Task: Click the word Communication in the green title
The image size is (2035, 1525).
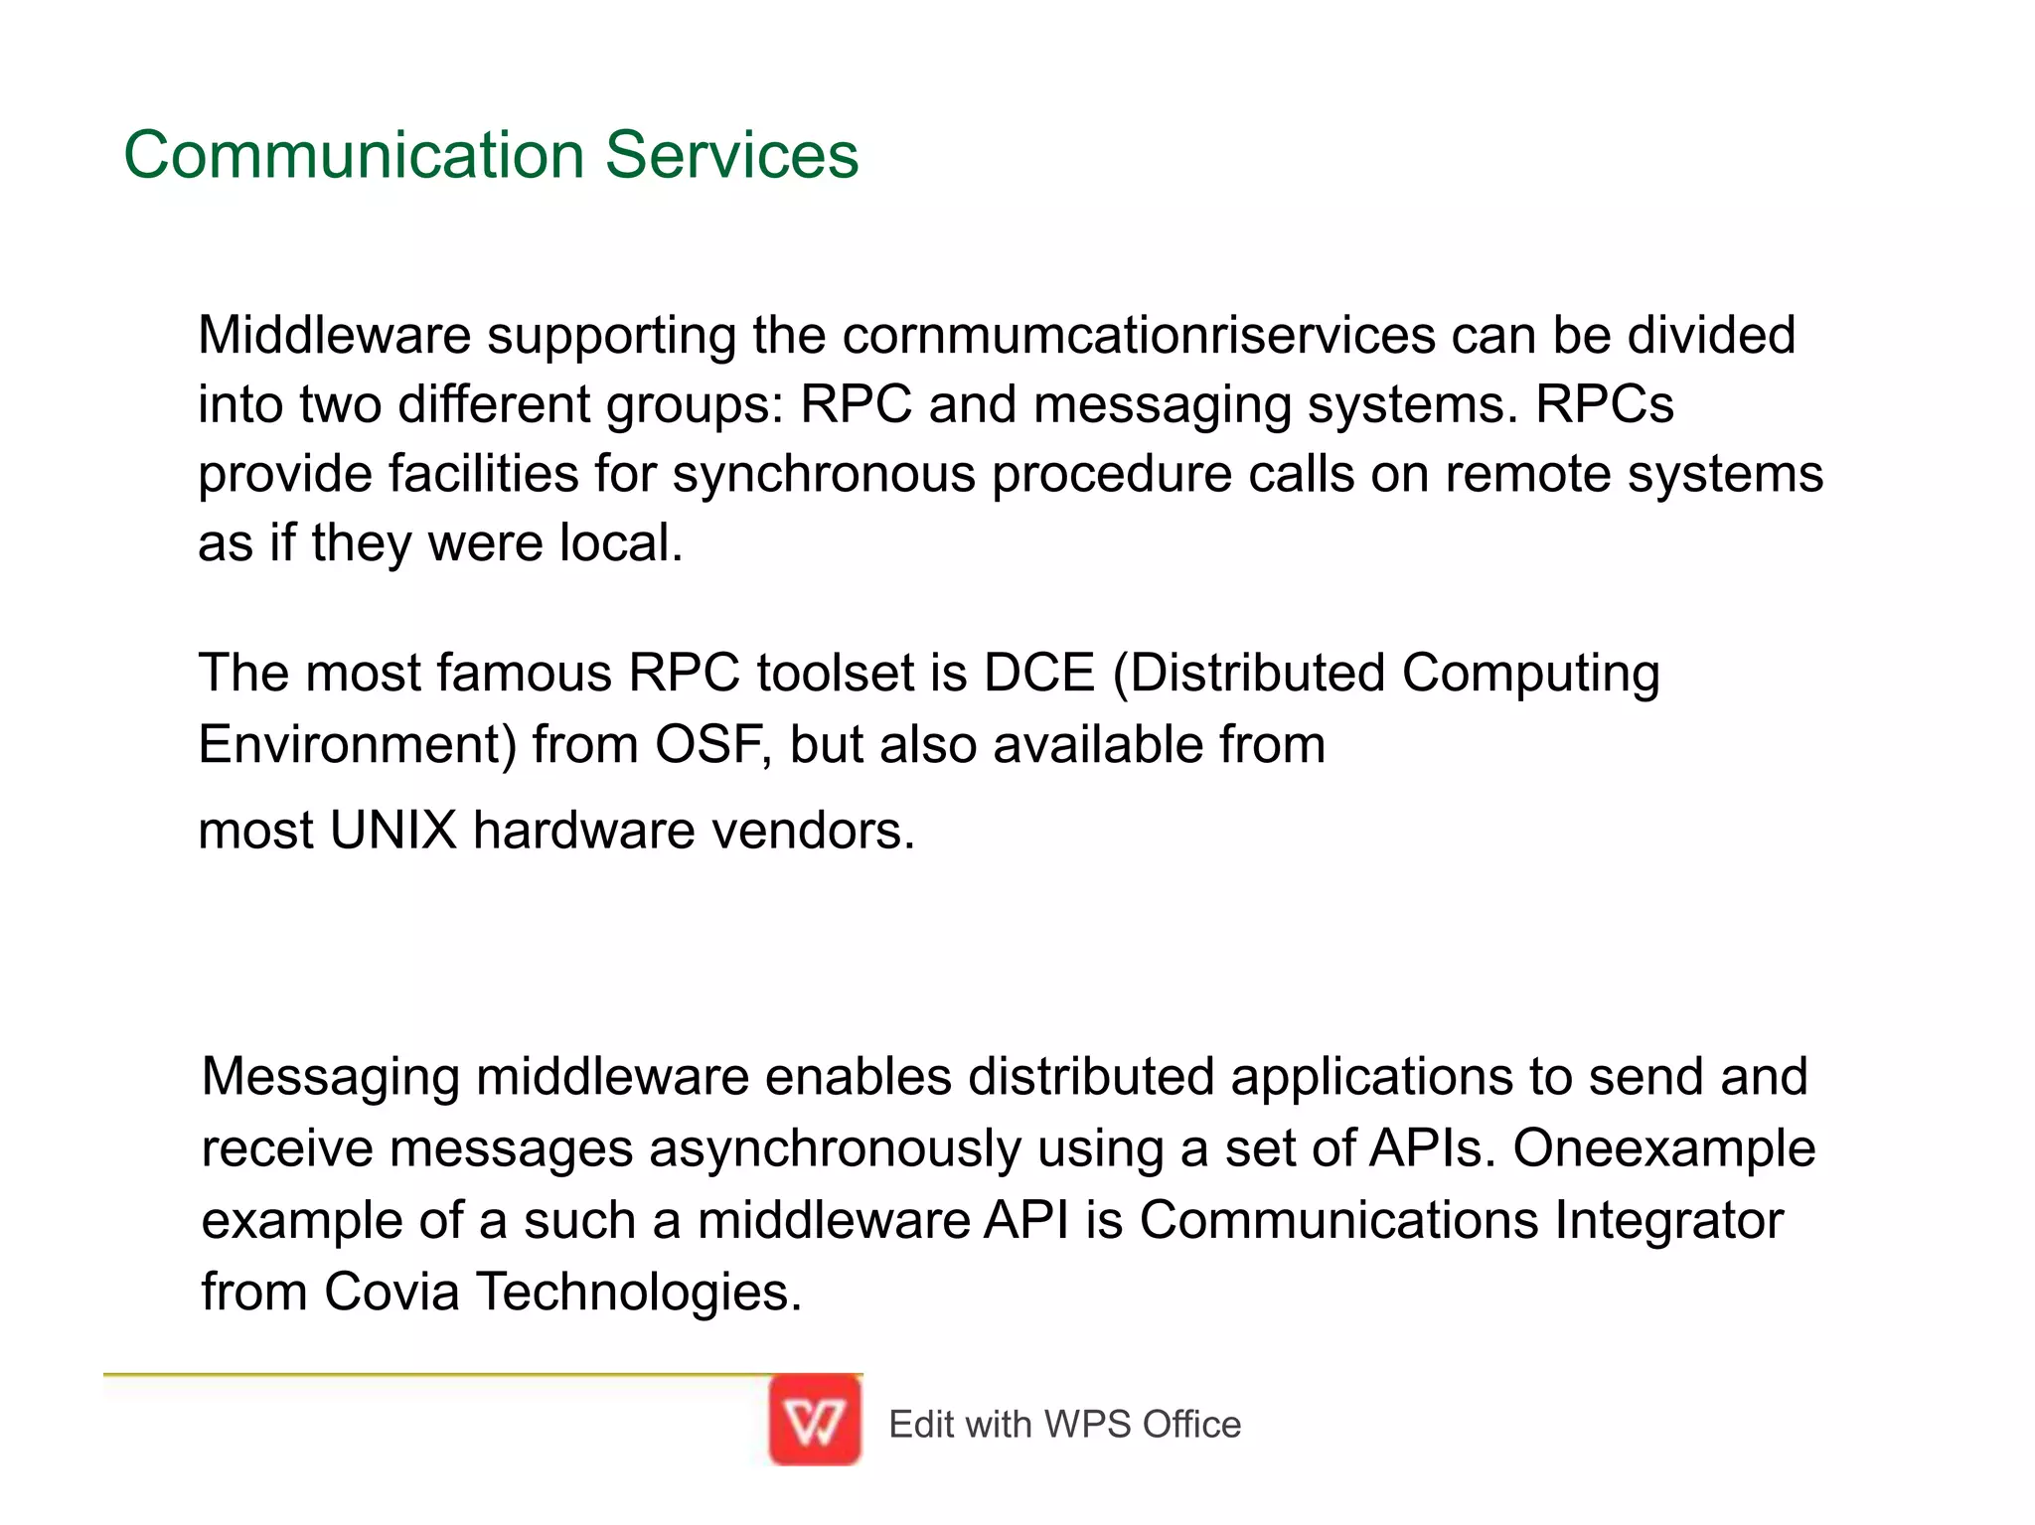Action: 353,156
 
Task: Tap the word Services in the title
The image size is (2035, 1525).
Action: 731,156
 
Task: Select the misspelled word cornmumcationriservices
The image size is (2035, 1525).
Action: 1139,336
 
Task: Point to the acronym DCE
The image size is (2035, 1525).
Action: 1038,673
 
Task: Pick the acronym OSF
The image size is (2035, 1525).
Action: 712,744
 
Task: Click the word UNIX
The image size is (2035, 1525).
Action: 392,830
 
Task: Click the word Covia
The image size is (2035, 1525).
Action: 391,1292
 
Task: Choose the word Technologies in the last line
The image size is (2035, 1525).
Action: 639,1292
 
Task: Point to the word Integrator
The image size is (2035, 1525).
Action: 1669,1220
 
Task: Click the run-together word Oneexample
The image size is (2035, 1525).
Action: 1664,1148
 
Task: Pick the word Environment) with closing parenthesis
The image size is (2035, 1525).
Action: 358,745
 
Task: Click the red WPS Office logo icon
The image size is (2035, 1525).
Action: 815,1421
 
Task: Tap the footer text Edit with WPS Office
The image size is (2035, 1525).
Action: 1064,1425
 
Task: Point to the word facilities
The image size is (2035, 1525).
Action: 482,474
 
